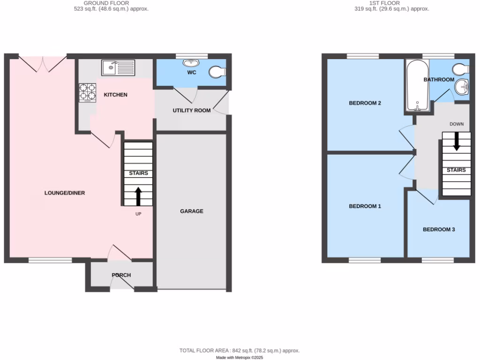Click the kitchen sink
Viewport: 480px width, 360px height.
(118, 67)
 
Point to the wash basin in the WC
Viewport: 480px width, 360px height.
(191, 63)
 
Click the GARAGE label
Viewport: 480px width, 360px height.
(192, 211)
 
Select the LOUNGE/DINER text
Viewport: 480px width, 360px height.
(65, 193)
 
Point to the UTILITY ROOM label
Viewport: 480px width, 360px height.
(191, 111)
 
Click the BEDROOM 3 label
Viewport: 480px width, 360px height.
(439, 230)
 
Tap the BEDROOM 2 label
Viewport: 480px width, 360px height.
(364, 103)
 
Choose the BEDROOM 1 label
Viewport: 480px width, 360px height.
(365, 206)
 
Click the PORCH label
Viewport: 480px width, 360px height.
(121, 275)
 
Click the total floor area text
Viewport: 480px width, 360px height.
(240, 351)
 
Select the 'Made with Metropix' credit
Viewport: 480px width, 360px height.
(240, 357)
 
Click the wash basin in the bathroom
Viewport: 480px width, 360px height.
(463, 86)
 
